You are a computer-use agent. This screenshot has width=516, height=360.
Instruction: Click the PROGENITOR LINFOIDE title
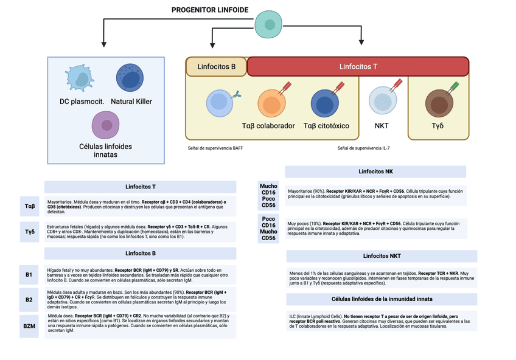[x=211, y=10]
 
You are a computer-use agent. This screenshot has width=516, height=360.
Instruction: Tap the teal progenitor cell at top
[x=268, y=24]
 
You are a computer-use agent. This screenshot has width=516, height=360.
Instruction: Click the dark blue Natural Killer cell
[x=131, y=78]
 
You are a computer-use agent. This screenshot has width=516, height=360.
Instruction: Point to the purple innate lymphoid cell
[x=105, y=126]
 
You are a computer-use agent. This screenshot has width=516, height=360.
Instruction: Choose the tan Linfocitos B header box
[x=216, y=66]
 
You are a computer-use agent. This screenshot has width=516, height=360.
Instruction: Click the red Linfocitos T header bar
[x=358, y=66]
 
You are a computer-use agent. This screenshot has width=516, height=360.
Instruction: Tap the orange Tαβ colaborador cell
[x=268, y=104]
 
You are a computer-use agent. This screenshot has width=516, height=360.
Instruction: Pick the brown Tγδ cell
[x=438, y=103]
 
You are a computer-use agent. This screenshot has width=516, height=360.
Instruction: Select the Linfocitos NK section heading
[x=377, y=171]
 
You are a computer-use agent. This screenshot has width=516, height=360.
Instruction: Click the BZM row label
[x=29, y=326]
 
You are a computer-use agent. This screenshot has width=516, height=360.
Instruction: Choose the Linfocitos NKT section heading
[x=377, y=256]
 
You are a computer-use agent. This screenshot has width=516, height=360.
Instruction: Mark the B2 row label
[x=29, y=299]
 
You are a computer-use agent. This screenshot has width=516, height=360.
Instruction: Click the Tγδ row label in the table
[x=29, y=232]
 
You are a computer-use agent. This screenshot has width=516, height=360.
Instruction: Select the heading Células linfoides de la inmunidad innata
[x=377, y=299]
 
